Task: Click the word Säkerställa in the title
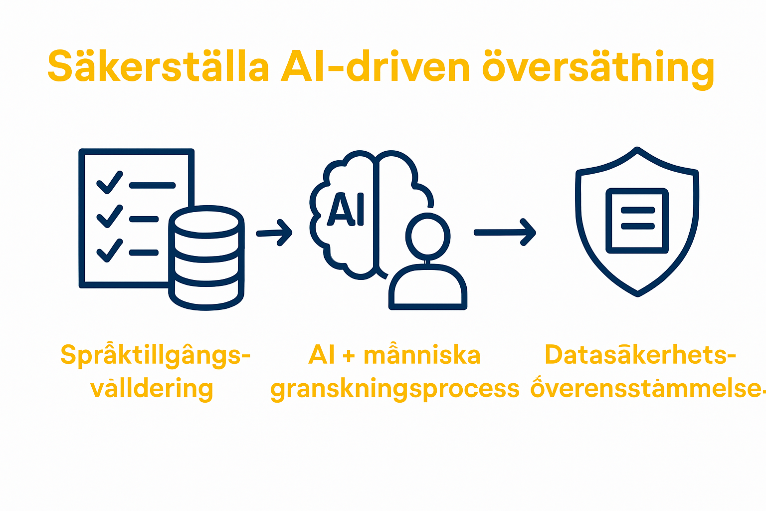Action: pos(158,67)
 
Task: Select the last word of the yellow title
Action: pos(598,68)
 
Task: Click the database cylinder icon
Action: pos(206,257)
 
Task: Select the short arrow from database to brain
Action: pos(274,233)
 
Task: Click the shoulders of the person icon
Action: pos(428,287)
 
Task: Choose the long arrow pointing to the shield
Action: pos(504,232)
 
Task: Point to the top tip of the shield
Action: pos(637,149)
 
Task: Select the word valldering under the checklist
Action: pos(152,389)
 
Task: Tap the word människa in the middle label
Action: pos(422,355)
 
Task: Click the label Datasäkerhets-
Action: pos(640,355)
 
